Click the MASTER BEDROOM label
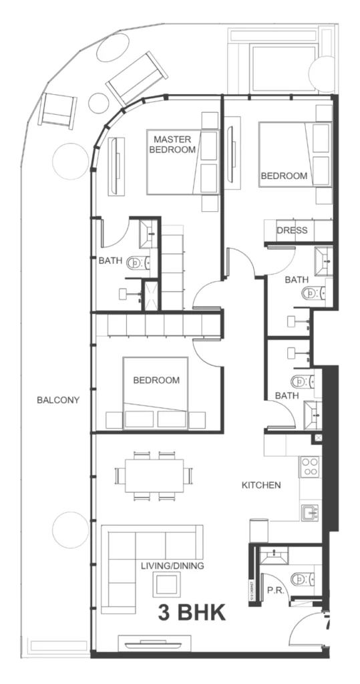pyautogui.click(x=174, y=144)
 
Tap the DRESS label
pyautogui.click(x=293, y=230)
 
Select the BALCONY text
pyautogui.click(x=59, y=401)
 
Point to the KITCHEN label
pyautogui.click(x=261, y=485)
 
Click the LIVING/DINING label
pyautogui.click(x=172, y=566)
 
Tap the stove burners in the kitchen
pyautogui.click(x=311, y=466)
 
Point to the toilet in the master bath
pyautogui.click(x=138, y=263)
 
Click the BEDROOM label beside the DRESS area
pyautogui.click(x=284, y=176)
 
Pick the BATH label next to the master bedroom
pyautogui.click(x=110, y=261)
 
